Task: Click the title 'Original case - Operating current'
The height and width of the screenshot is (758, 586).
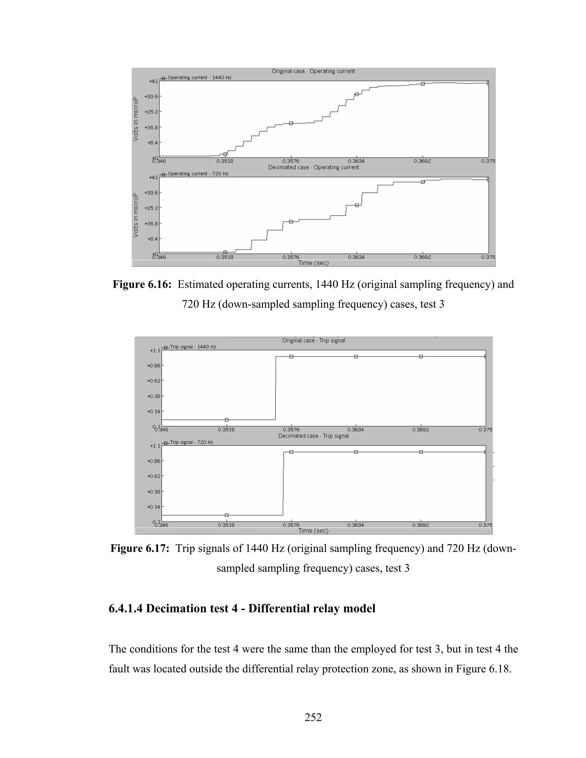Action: (313, 71)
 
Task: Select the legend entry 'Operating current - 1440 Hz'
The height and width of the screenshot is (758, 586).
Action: (199, 78)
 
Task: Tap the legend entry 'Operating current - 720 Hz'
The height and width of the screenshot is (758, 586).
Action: (198, 174)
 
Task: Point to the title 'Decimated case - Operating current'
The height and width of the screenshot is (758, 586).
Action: (314, 167)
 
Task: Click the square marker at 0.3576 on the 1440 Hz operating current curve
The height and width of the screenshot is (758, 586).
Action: (291, 123)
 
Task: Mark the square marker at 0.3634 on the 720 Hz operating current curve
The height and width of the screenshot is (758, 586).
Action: (357, 205)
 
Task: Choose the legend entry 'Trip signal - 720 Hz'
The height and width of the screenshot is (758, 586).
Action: (191, 442)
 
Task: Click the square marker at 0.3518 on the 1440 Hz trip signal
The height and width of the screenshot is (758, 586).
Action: (227, 420)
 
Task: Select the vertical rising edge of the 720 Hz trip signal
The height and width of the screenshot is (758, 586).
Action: (284, 486)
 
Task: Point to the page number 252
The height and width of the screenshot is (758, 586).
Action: (313, 717)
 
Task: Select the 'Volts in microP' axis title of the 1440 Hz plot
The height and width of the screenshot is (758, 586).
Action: (135, 119)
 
